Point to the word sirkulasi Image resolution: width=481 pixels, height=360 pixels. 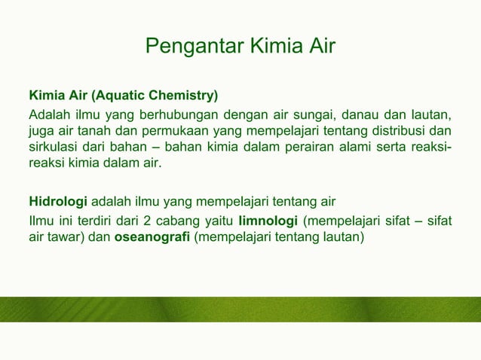(x=53, y=147)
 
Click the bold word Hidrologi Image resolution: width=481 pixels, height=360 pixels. (x=58, y=203)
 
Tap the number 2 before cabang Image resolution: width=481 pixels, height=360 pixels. (x=144, y=221)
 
